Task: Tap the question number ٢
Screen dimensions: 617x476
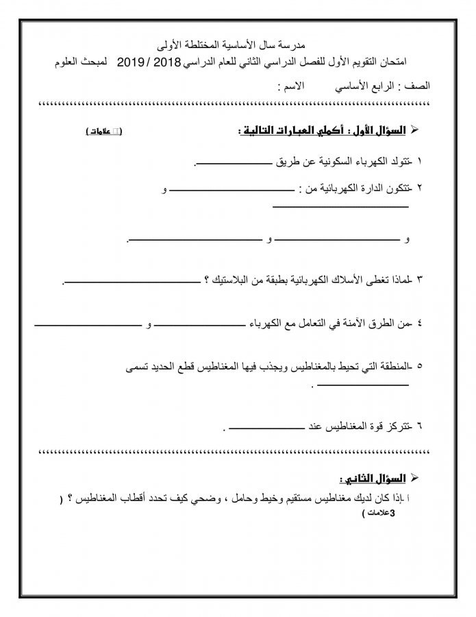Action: [419, 187]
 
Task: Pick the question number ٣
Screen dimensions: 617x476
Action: [419, 280]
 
